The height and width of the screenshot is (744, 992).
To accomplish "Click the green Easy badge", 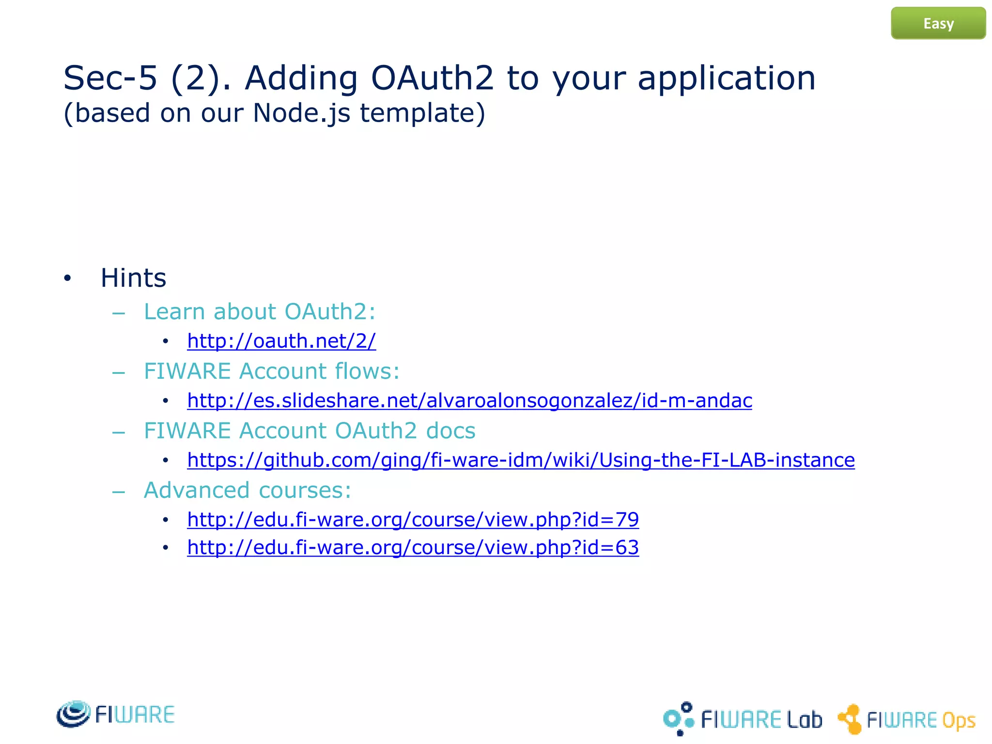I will pos(938,23).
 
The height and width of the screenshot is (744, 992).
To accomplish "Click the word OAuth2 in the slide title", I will pos(432,78).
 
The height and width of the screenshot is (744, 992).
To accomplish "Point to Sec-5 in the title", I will pos(110,78).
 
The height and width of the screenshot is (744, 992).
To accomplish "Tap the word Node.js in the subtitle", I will pos(301,113).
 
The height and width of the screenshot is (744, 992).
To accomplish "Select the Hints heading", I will pos(133,278).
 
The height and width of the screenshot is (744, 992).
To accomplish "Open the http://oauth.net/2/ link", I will pos(281,341).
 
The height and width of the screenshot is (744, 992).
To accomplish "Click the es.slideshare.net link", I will pos(469,401).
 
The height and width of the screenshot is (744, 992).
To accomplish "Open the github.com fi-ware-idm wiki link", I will pos(521,460).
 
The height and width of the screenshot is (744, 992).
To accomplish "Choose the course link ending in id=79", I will pos(413,520).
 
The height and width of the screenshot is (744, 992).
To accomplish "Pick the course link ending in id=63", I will pos(413,548).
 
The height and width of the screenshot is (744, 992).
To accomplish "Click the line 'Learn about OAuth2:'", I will pos(260,311).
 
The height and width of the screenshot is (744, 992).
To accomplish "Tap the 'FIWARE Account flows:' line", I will pos(272,372).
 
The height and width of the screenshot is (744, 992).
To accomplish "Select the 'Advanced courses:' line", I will pos(248,490).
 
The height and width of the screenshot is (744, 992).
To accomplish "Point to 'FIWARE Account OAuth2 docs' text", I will pos(310,431).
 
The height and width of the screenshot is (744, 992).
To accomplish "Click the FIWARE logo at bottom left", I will pos(115,714).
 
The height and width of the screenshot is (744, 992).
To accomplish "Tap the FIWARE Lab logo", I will pos(742,719).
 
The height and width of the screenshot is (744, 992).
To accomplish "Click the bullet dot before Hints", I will pos(67,279).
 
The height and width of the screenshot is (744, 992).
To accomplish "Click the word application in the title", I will pos(727,78).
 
